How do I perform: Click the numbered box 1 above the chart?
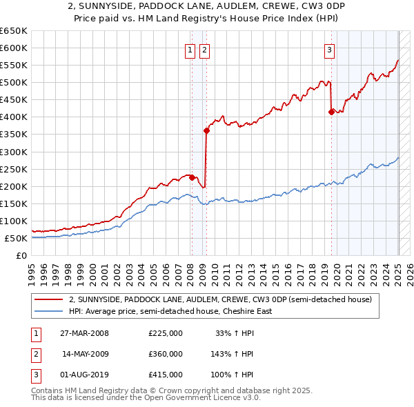click(190, 49)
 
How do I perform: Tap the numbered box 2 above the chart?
click(205, 49)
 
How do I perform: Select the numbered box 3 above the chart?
click(330, 49)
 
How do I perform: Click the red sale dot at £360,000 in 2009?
click(206, 130)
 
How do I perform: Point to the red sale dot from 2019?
click(331, 112)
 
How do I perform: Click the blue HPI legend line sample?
click(48, 311)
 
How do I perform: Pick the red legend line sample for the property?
click(48, 299)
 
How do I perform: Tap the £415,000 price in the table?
click(166, 375)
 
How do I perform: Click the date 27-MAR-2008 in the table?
click(84, 333)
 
